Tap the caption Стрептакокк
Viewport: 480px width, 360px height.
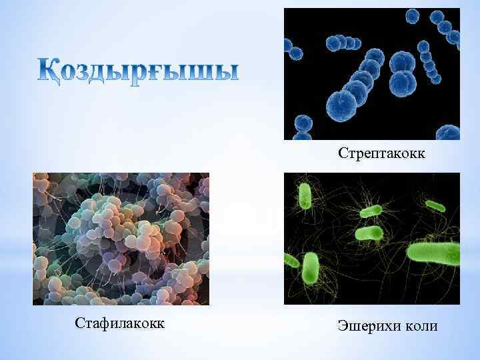382,155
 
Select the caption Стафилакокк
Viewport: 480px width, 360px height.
121,325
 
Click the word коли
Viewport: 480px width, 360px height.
421,326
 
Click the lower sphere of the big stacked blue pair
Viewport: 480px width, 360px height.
402,83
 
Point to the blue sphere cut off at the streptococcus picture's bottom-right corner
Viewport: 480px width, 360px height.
451,131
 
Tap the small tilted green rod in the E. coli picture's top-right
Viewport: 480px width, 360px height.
436,205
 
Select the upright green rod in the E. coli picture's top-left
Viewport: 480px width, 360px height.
305,196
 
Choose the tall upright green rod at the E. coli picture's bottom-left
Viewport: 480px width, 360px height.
311,267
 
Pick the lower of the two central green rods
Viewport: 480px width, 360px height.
369,233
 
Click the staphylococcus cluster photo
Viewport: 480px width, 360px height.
121,239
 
